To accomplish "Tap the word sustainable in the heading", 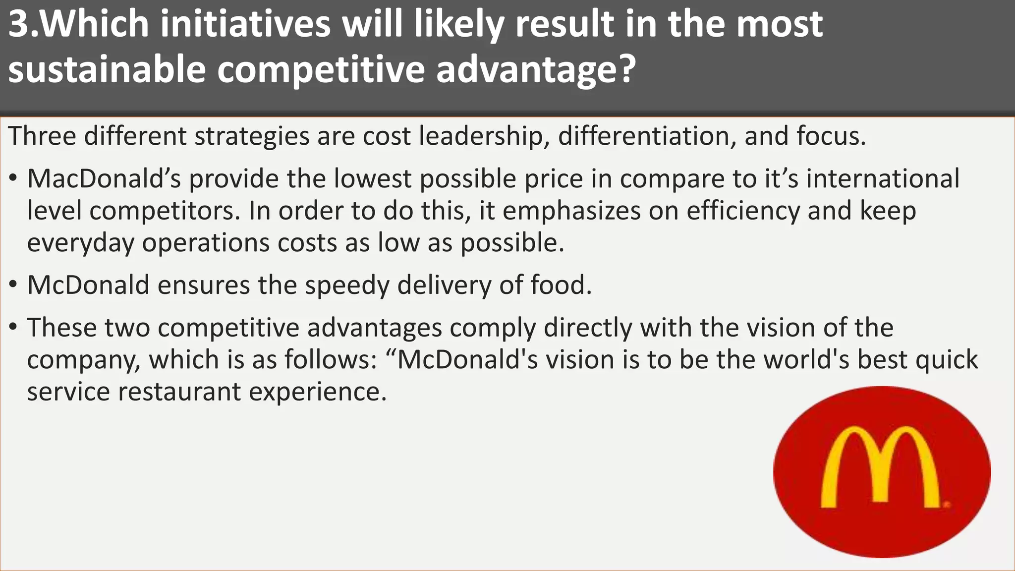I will tap(107, 69).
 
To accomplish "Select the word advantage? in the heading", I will tap(536, 69).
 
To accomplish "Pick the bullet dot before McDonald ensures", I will tap(13, 285).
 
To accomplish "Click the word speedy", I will tap(347, 285).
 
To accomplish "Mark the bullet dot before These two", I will tap(13, 328).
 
